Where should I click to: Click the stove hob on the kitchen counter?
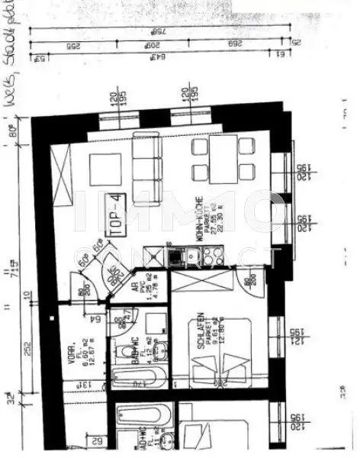pos(205,256)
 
